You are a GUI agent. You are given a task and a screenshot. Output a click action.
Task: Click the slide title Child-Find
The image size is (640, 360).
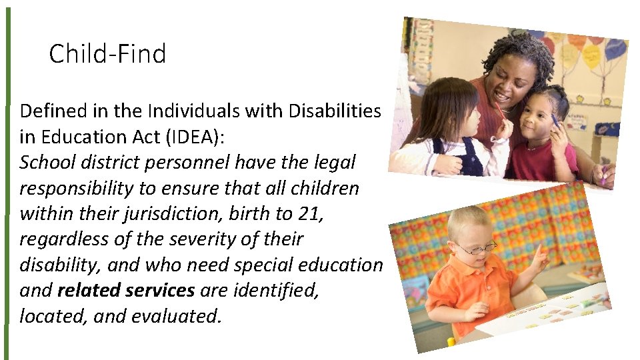(107, 53)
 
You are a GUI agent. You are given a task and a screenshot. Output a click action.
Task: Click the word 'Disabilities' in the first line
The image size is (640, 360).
(335, 111)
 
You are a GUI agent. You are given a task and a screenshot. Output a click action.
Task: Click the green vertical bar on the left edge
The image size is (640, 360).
(8, 180)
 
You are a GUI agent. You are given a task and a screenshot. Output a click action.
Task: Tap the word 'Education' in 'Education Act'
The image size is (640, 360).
(73, 137)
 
